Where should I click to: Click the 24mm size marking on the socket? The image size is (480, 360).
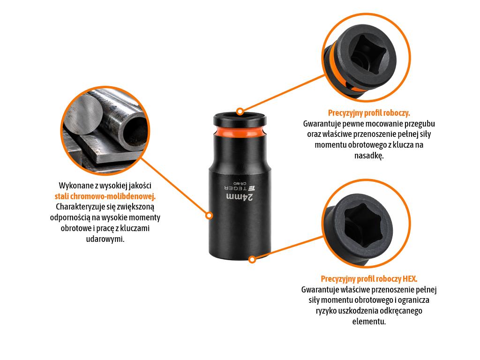coord(240,197)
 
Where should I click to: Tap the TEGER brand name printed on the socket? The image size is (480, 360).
coord(236,188)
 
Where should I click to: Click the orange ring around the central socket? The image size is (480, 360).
coord(240,132)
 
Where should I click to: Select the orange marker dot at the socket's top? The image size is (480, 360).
coord(240,112)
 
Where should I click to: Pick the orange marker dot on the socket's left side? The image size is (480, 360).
coord(209,216)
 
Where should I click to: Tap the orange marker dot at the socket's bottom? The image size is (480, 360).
coord(252,260)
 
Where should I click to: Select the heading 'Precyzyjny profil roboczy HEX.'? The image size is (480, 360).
coord(369,279)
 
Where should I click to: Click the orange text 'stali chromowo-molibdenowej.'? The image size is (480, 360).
coord(105,196)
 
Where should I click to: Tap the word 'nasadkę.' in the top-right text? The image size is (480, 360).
coord(369,155)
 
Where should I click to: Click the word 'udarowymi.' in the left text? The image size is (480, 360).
coord(105,239)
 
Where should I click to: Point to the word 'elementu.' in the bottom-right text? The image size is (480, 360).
coord(369,322)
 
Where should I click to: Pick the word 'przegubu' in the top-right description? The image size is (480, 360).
coord(420,124)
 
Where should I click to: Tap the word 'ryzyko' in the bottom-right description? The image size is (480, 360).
coord(326,311)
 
